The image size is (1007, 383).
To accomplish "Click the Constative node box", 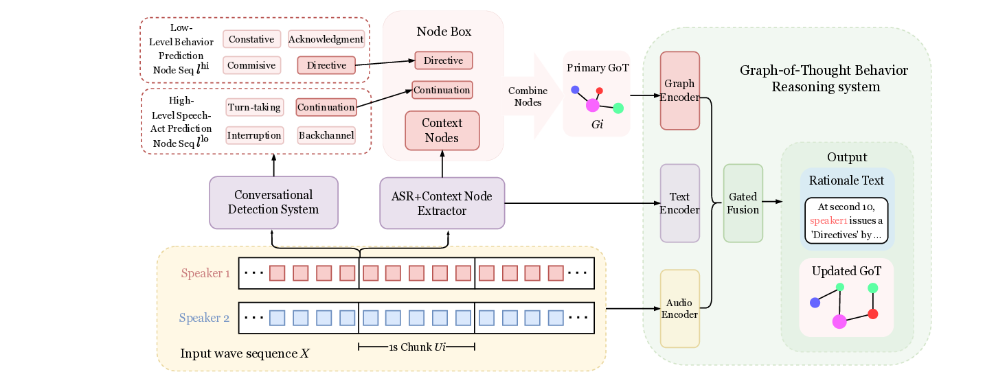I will (x=251, y=39).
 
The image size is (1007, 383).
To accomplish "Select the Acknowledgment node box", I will (x=326, y=39).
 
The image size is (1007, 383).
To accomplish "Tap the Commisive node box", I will (x=251, y=65).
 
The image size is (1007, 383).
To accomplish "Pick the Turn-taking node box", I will (x=254, y=107).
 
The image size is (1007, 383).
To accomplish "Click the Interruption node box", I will (x=254, y=135).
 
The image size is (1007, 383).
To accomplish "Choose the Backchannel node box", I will (x=326, y=135).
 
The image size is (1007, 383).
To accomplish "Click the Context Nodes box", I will (x=442, y=130).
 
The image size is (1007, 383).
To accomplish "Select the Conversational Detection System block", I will (x=273, y=202).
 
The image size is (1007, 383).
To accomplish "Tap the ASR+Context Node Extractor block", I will (x=442, y=202).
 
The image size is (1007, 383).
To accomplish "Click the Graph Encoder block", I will (x=679, y=91).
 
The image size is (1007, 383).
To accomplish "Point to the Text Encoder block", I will (x=679, y=203).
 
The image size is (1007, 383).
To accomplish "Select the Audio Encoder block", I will (x=679, y=308).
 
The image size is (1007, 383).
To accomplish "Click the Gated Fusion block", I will (x=743, y=203).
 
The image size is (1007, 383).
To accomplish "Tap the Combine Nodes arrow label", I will (x=528, y=97).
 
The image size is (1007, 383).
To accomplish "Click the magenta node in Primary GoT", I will (x=593, y=105).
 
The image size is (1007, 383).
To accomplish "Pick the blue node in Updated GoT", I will (x=815, y=303).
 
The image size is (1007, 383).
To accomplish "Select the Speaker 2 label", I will (x=204, y=318).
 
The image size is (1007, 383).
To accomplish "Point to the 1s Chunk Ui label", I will (x=417, y=347).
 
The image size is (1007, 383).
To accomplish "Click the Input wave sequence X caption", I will (x=245, y=353).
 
